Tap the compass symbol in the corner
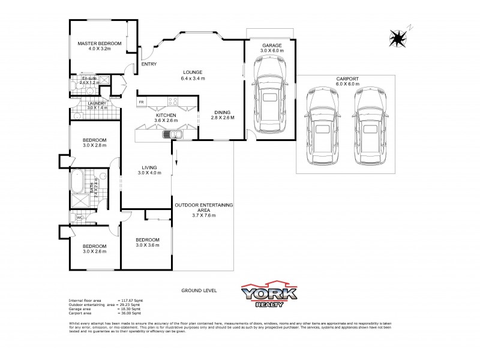click(397, 38)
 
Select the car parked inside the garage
click(271, 100)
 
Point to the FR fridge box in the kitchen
click(141, 103)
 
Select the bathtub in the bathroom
click(76, 181)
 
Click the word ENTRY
click(149, 64)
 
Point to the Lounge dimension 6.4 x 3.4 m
click(193, 79)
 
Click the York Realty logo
click(268, 294)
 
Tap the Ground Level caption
click(199, 290)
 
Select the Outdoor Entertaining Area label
click(203, 207)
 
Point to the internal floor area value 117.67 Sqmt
click(130, 300)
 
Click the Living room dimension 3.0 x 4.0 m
click(149, 173)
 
